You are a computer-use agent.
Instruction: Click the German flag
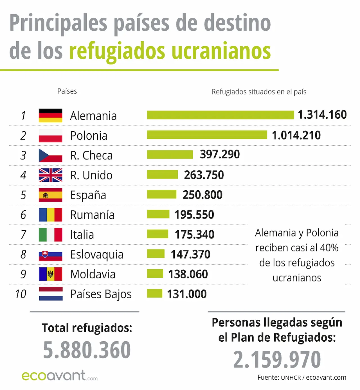50,116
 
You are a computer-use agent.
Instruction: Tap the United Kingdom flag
50,175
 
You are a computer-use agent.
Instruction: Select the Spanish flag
50,195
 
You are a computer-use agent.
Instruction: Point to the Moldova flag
50,274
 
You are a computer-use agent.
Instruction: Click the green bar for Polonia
207,135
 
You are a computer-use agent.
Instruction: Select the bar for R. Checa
170,155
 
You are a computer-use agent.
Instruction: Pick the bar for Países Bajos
154,294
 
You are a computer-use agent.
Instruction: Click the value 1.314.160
322,115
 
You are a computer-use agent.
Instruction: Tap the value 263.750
204,175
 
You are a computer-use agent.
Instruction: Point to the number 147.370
190,254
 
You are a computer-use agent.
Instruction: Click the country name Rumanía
92,215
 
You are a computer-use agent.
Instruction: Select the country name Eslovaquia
97,254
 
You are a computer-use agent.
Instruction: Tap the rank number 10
21,294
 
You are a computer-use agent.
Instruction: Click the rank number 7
23,235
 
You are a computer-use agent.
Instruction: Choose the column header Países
67,91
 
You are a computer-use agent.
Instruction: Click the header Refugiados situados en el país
259,92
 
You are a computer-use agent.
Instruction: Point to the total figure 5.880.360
87,350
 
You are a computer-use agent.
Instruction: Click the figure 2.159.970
277,359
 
